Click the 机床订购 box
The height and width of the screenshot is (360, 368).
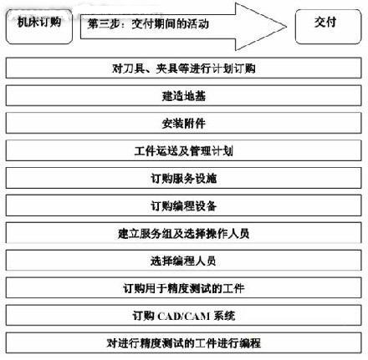[x=39, y=27]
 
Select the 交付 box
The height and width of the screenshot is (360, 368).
[x=328, y=27]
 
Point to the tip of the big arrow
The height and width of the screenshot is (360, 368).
[x=287, y=27]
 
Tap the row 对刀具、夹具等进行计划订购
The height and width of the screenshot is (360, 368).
[x=184, y=68]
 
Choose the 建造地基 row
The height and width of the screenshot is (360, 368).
[x=184, y=95]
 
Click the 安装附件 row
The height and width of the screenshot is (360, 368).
[x=184, y=123]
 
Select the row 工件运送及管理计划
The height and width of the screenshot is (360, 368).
[x=184, y=150]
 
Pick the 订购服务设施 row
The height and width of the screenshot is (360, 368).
[x=184, y=178]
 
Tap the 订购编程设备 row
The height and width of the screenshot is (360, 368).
[x=184, y=205]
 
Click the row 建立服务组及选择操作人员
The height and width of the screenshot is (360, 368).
[x=184, y=233]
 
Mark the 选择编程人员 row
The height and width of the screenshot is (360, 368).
[x=184, y=261]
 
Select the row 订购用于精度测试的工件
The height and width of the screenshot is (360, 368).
[x=184, y=288]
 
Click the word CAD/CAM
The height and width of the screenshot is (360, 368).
[x=184, y=316]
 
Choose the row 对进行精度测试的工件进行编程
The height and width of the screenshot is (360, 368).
[x=184, y=343]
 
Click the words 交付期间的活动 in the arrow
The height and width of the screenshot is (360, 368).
[x=170, y=24]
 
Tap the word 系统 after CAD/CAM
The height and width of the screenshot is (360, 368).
[x=224, y=316]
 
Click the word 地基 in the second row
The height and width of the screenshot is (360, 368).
[x=195, y=96]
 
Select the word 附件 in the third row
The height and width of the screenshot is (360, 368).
[x=195, y=124]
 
